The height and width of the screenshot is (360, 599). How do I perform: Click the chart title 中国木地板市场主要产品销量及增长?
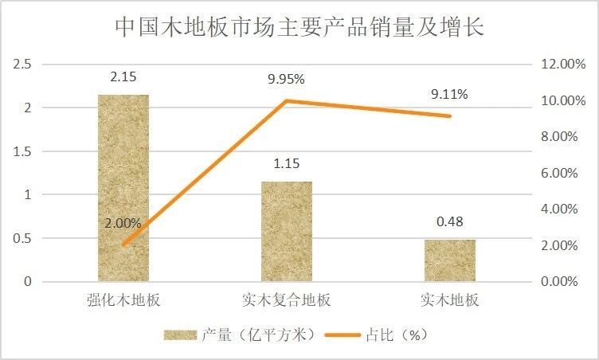299,29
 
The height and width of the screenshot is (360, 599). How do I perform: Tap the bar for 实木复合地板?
287,231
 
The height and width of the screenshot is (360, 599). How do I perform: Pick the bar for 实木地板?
450,260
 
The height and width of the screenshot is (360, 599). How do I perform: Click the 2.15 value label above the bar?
123,78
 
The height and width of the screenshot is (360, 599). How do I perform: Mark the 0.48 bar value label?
450,222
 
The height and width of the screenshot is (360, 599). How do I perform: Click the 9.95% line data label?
287,80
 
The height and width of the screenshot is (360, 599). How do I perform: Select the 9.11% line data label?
450,95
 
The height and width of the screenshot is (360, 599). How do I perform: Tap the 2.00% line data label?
123,224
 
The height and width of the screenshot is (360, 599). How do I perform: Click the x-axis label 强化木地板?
123,301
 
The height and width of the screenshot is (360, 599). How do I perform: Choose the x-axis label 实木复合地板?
287,301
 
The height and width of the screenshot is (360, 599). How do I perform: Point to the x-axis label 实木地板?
450,301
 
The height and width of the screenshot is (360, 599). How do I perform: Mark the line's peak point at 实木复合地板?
287,100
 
